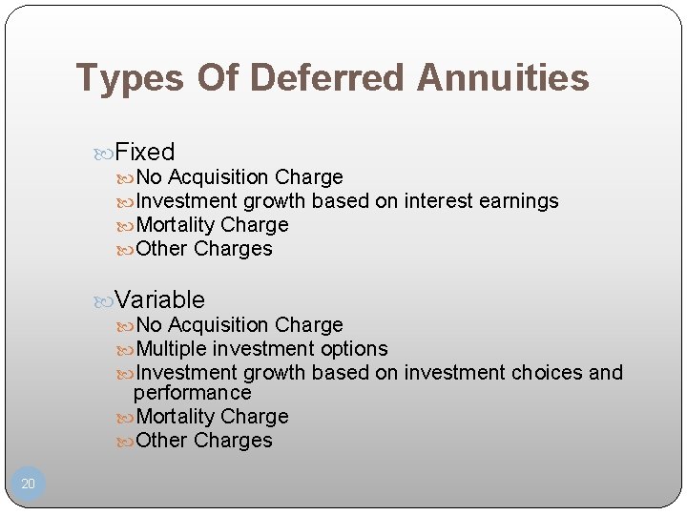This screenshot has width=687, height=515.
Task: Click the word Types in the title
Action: point(130,78)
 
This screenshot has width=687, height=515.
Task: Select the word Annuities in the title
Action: point(503,78)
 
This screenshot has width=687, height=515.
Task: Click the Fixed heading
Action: point(145,152)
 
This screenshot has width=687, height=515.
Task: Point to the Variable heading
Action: point(159,299)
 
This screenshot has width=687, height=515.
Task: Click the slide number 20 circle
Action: point(28,484)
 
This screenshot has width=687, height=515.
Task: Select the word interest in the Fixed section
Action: point(440,201)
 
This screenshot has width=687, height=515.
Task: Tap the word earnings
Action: point(519,201)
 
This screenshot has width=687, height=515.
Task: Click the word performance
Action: point(193,393)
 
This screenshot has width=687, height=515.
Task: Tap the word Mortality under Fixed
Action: point(176,225)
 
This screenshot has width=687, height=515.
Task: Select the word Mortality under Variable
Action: point(176,417)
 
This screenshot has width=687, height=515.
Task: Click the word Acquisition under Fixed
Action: point(219,177)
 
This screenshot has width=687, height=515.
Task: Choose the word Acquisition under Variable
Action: point(219,325)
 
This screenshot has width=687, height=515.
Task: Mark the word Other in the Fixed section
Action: point(162,249)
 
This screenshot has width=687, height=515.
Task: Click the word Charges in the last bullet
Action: point(233,441)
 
